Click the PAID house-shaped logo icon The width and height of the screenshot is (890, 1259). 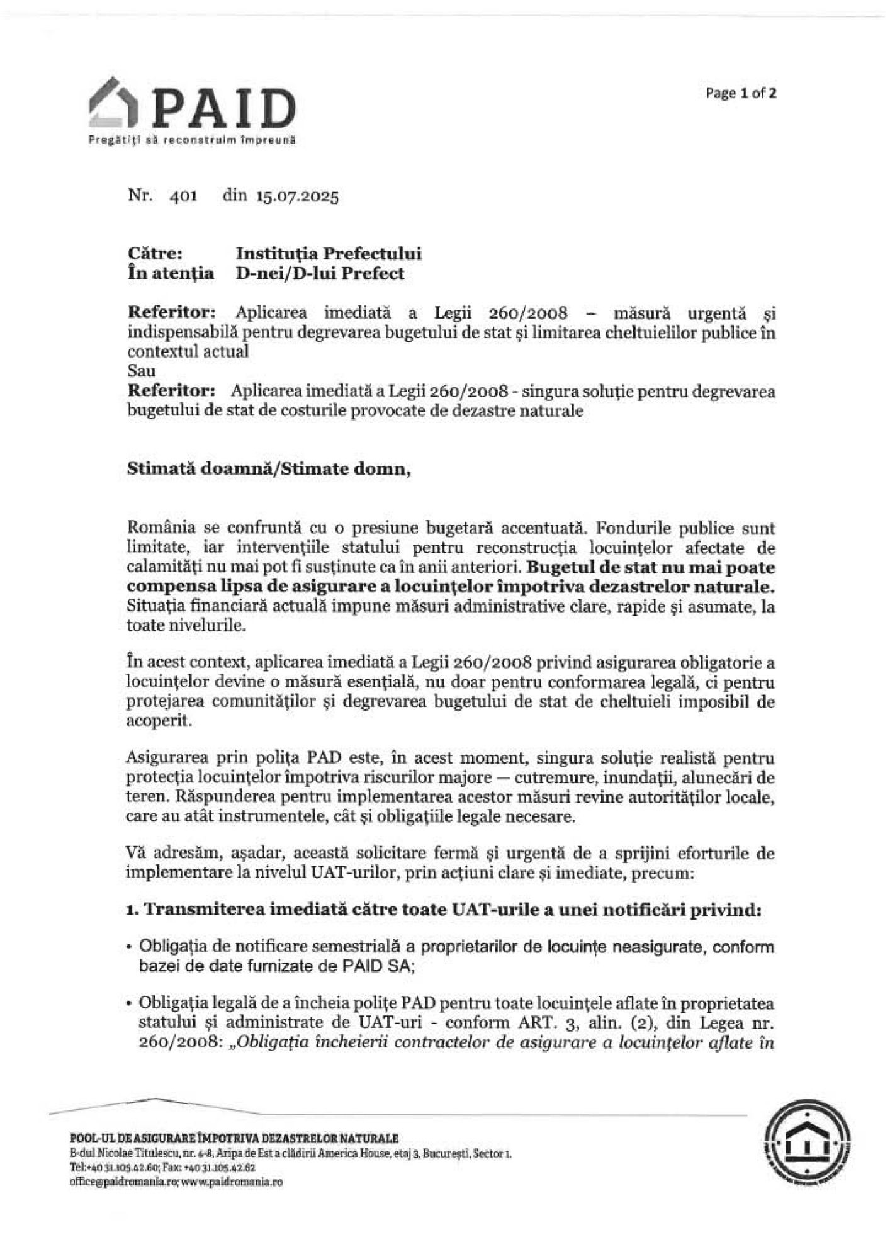(x=116, y=103)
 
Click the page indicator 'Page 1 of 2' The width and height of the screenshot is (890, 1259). (x=740, y=94)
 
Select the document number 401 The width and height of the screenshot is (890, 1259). (x=183, y=196)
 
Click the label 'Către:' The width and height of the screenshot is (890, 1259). (x=155, y=254)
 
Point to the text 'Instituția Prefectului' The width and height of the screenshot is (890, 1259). (x=329, y=254)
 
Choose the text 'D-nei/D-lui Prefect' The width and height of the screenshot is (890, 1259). (x=320, y=274)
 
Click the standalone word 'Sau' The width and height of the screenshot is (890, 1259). (x=141, y=371)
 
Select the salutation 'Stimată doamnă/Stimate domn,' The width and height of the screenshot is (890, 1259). (x=269, y=470)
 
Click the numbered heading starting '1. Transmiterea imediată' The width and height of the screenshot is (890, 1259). (x=444, y=911)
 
